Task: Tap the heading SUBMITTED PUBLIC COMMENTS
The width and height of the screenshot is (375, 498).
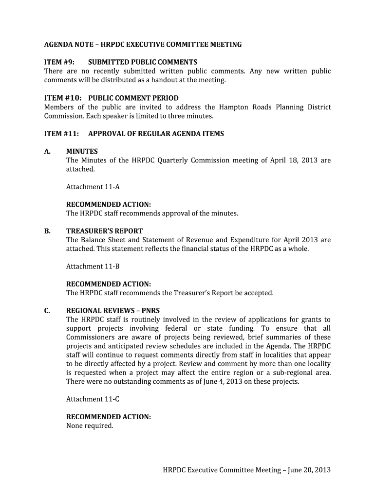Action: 143,62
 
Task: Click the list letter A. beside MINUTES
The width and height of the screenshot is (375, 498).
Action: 48,151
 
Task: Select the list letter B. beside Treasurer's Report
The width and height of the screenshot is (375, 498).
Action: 48,231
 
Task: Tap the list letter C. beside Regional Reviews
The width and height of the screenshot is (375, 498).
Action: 48,311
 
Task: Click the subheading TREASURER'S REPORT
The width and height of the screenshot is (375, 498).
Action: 104,231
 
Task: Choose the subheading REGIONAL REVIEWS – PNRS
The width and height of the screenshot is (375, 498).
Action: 113,311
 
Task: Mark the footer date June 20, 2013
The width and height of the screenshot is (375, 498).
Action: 309,470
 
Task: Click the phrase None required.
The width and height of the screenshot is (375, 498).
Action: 90,426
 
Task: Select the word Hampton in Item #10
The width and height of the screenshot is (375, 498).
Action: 234,107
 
